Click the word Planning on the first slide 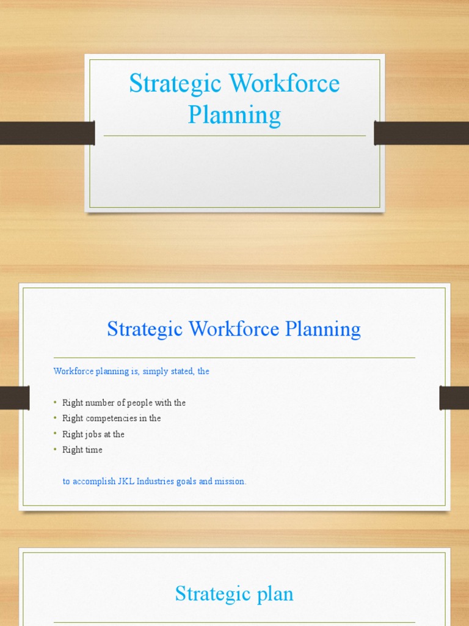[234, 114]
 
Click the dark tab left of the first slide [47, 133]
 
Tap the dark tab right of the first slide [421, 133]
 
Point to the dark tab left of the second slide [15, 398]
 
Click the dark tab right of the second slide [454, 398]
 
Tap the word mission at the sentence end [230, 482]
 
